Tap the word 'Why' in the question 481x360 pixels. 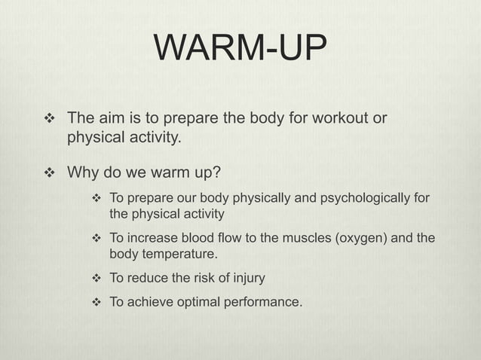(84, 174)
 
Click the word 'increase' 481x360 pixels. (155, 238)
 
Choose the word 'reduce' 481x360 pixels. (148, 278)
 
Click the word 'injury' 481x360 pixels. (245, 278)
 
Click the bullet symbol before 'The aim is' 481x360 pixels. (51, 119)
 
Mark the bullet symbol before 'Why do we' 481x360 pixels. (51, 174)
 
